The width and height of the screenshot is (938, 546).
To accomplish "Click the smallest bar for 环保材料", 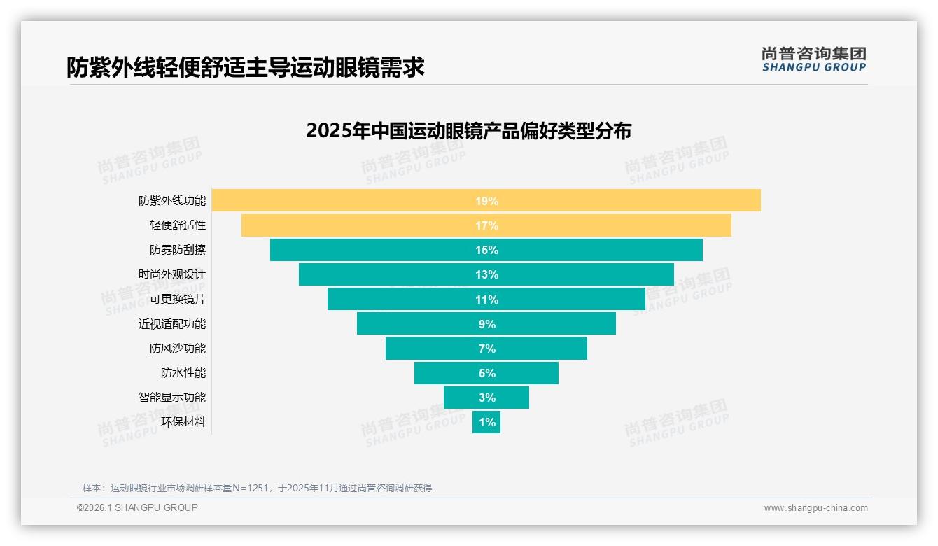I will point(486,423).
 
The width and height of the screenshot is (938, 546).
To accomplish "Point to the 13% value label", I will point(486,274).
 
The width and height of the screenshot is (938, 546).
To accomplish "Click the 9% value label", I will point(486,324).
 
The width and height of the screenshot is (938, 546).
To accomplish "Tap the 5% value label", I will point(486,373).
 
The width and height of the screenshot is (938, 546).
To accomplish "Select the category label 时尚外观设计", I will point(172,274).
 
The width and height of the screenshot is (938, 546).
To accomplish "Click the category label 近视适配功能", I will point(172,324).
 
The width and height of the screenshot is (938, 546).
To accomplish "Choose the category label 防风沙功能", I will point(178,349).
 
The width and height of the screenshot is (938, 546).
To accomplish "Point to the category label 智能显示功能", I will point(172,398).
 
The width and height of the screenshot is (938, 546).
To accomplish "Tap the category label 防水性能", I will point(183,373).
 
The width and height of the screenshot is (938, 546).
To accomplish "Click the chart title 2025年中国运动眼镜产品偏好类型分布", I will point(468,131).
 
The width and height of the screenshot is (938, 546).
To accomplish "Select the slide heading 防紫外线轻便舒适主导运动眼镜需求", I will point(245,68).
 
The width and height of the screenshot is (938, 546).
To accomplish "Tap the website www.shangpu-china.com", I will point(815,508).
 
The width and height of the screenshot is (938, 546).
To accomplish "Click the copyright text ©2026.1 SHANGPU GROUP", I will point(137,507).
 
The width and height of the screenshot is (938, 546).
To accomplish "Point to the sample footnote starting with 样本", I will point(257,488).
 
